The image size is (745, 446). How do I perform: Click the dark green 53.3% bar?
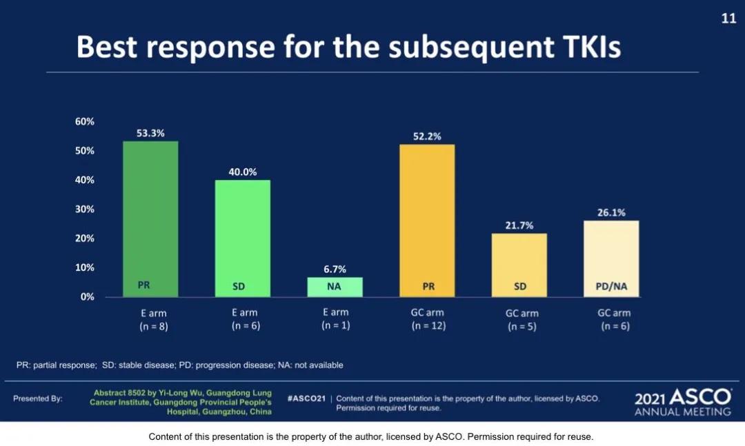click(150, 219)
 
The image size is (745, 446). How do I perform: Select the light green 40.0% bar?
click(243, 238)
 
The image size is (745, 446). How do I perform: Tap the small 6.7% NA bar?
click(335, 287)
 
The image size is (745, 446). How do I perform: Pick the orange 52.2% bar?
click(427, 221)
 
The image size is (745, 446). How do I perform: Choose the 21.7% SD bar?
click(519, 265)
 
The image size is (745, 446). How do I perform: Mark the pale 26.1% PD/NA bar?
click(611, 259)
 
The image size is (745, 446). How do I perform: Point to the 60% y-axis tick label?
click(84, 121)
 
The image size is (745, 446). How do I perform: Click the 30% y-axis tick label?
click(84, 209)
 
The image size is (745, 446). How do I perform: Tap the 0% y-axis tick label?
click(87, 297)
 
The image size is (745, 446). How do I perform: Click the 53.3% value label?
click(150, 133)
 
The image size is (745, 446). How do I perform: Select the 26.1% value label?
click(611, 212)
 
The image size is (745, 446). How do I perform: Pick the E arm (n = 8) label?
click(153, 319)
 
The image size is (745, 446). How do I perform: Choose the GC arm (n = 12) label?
click(428, 319)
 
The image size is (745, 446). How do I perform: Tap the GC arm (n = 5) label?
click(521, 320)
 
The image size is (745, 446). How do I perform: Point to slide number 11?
click(728, 19)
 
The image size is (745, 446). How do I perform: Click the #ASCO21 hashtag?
click(306, 398)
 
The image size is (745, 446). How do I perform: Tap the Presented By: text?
click(38, 398)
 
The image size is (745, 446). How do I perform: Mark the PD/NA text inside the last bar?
click(611, 286)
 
